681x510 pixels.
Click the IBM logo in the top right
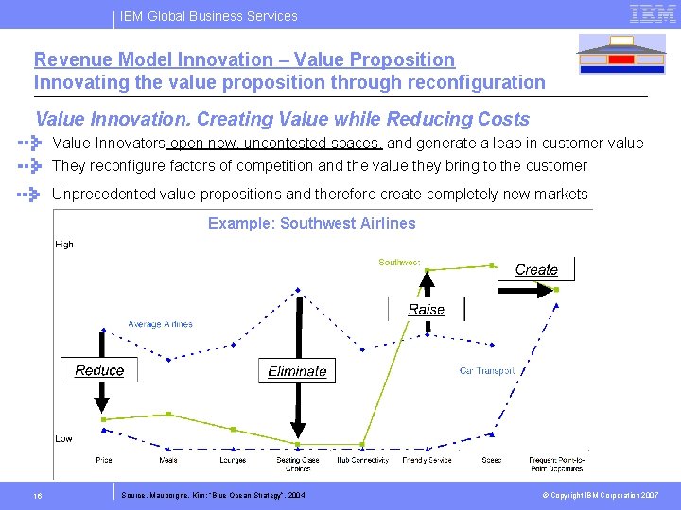pos(653,13)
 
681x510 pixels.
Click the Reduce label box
pos(99,370)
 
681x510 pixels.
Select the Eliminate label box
pos(297,371)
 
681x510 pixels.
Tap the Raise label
pos(427,310)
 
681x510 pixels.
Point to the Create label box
pos(536,269)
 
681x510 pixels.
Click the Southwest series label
pos(400,262)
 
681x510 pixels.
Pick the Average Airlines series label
pos(160,324)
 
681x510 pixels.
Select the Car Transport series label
pos(487,371)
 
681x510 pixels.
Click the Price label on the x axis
pos(104,460)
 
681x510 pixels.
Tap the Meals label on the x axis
pos(168,460)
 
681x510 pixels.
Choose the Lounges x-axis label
pos(233,460)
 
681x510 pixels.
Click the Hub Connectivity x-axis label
pos(363,460)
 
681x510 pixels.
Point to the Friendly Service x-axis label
pos(428,460)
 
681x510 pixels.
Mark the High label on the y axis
pos(64,245)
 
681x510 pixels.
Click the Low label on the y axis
pos(63,439)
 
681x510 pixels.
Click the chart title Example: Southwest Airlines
pos(311,224)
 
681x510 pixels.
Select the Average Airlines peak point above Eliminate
pos(298,289)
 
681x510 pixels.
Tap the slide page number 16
pos(37,495)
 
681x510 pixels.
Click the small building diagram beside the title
pos(620,54)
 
